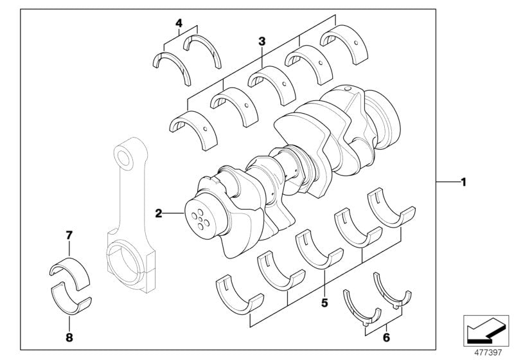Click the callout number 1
pyautogui.click(x=463, y=182)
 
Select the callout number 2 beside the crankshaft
pyautogui.click(x=157, y=212)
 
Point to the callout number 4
pyautogui.click(x=179, y=24)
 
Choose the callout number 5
pyautogui.click(x=324, y=300)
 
